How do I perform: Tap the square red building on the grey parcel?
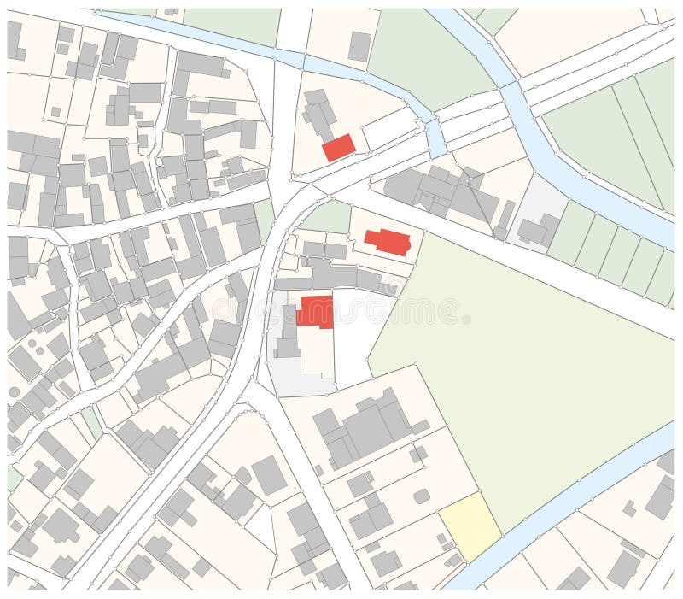pyautogui.click(x=316, y=312)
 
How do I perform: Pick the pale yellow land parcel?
pyautogui.click(x=470, y=526)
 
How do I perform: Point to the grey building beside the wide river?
pyautogui.click(x=534, y=229)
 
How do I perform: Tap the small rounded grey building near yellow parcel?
pyautogui.click(x=421, y=496)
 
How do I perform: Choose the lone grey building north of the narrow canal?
pyautogui.click(x=359, y=45)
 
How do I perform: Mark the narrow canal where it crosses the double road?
pyautogui.click(x=435, y=135)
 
